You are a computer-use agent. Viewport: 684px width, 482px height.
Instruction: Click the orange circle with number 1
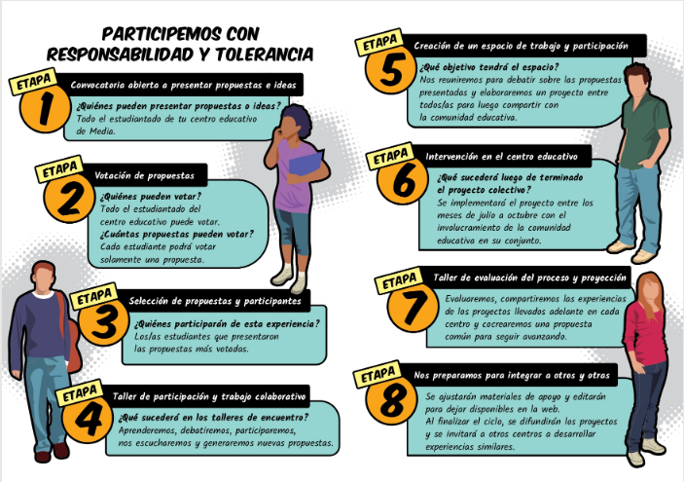point(45,107)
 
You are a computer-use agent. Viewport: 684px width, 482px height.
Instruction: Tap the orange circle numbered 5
point(391,70)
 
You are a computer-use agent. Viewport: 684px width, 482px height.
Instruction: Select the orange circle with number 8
point(391,400)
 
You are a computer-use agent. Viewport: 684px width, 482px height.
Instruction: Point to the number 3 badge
point(104,321)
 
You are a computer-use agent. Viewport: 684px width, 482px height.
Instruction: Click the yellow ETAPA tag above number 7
point(399,279)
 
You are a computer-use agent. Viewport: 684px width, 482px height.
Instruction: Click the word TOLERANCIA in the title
point(265,55)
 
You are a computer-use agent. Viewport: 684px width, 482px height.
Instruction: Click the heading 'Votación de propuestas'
point(144,175)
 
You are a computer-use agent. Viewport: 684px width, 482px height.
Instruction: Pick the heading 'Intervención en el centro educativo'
point(502,157)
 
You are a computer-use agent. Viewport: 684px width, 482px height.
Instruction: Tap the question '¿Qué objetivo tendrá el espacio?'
point(489,67)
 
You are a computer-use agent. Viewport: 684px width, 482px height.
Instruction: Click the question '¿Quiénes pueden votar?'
point(151,196)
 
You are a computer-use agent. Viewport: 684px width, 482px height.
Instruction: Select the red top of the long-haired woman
point(646,334)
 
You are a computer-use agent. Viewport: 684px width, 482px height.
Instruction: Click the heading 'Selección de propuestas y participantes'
point(215,301)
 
